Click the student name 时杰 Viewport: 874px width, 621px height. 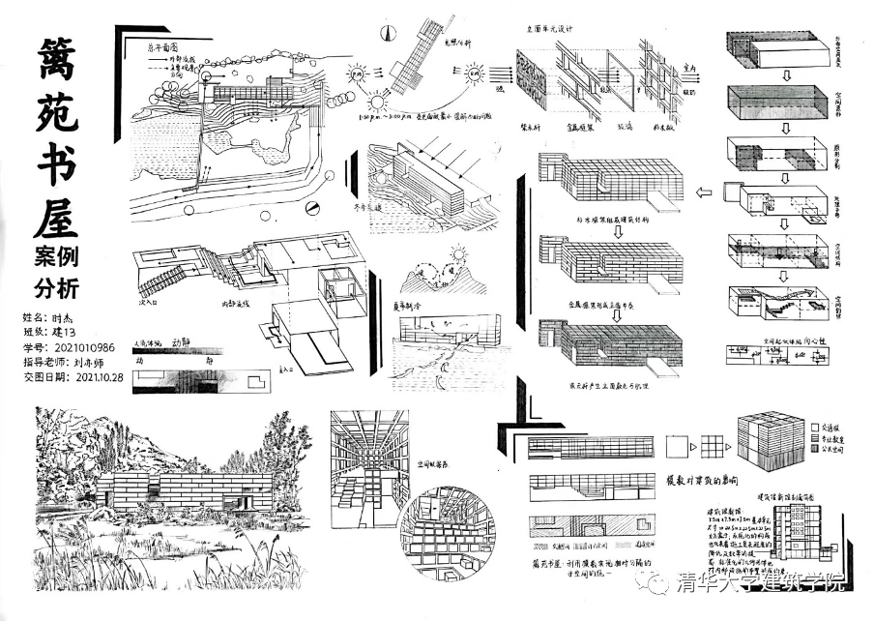pos(65,316)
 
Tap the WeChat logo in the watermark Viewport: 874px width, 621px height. pos(657,582)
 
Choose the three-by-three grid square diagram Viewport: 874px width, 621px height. pos(714,445)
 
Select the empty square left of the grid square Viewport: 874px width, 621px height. pos(673,446)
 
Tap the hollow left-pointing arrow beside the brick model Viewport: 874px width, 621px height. pos(704,192)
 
